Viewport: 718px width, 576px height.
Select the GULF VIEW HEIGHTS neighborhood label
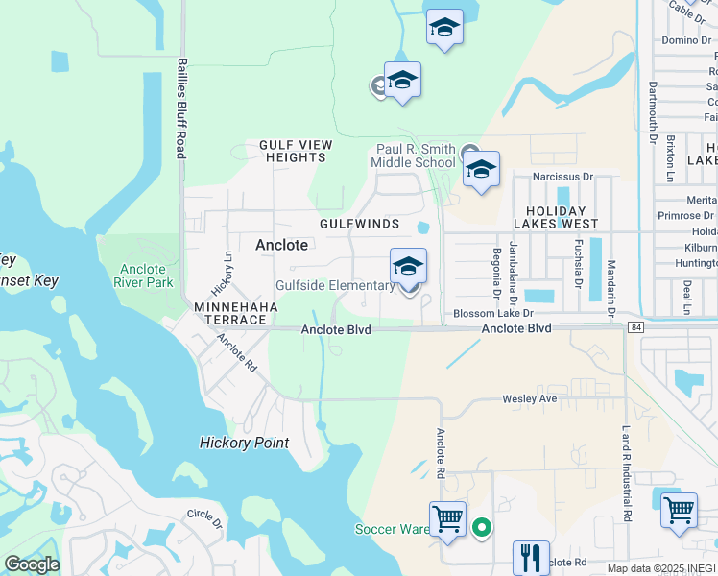point(296,152)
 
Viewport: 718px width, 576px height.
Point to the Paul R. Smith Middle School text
point(416,156)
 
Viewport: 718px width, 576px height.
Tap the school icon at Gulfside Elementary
point(408,267)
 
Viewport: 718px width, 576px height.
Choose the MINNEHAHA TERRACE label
point(236,313)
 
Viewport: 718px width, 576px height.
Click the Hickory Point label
point(244,443)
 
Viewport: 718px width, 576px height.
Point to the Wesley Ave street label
point(529,398)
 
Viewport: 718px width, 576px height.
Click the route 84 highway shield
point(635,328)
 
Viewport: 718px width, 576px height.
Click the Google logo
point(32,564)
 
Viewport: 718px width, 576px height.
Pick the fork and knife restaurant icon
point(530,556)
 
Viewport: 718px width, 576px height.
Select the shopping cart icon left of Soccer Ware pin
point(447,519)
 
